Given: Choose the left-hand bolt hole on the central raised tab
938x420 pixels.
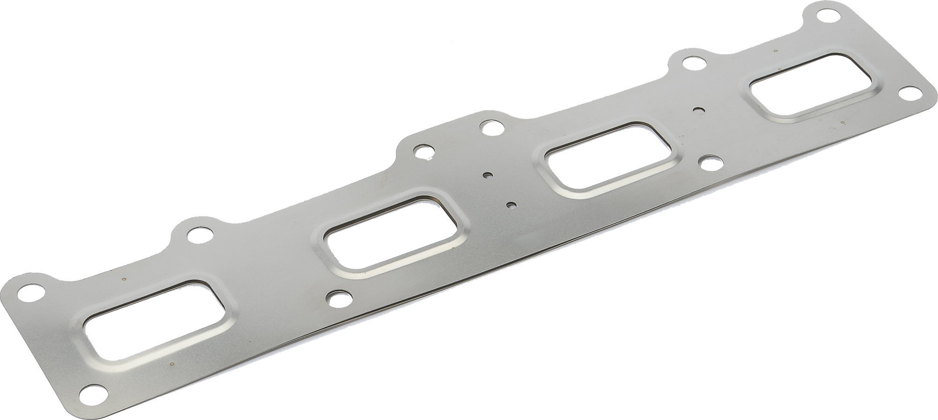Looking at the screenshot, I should click(x=423, y=152).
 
